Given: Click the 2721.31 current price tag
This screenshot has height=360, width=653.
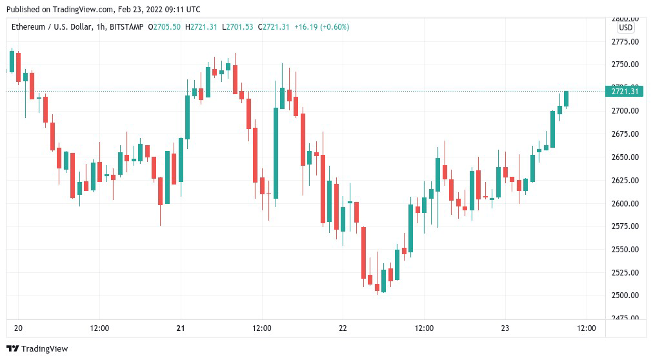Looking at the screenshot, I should coord(624,92).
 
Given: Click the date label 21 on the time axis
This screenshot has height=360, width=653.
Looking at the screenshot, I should coord(181,328).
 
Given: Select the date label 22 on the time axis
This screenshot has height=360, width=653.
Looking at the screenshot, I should coord(343,328).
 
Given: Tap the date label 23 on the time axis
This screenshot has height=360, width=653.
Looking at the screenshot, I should coord(505,328).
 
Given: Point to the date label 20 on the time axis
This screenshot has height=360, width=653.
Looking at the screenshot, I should coord(17,328).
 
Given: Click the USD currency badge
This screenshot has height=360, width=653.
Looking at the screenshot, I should coord(625,28).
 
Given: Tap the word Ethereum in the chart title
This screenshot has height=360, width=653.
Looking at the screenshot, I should coord(29,27).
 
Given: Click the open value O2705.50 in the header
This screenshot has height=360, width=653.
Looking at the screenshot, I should coord(164,27).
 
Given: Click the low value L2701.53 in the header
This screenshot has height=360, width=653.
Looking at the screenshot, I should coord(237,27).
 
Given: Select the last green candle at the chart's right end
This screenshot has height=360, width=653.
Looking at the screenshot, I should coord(566,98).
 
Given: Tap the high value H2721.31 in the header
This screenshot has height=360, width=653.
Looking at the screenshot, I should coord(201,27).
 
